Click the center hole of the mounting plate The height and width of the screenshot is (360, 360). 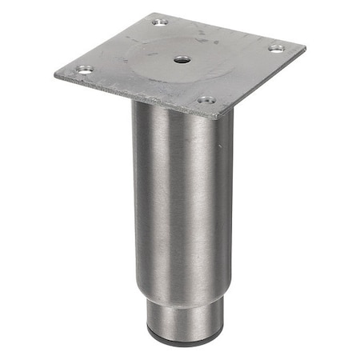coord(182,59)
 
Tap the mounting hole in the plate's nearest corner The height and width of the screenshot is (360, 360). coord(206,101)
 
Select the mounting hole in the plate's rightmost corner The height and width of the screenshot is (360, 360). coord(275,49)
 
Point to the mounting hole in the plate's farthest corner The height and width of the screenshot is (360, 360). coord(161,21)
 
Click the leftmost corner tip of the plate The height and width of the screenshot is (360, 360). coord(55,74)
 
